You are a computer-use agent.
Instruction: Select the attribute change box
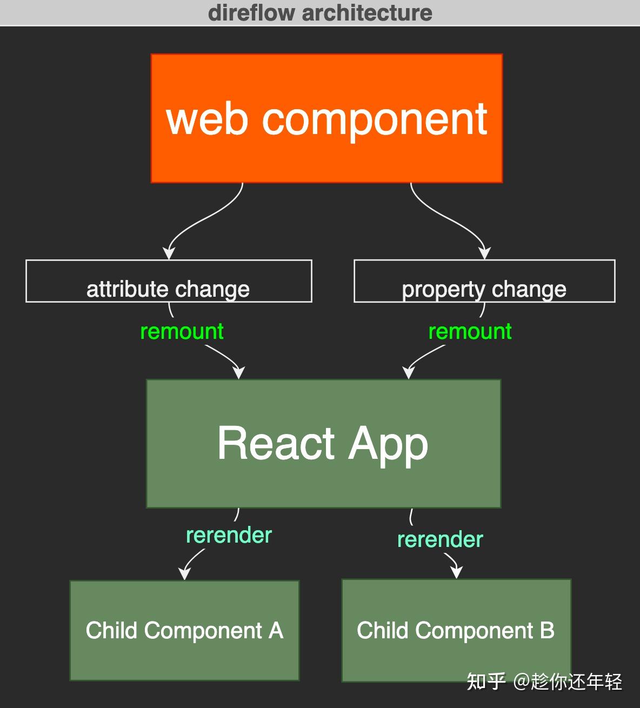(x=169, y=281)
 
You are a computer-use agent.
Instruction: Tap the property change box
(x=484, y=281)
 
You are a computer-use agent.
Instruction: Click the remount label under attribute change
(x=182, y=331)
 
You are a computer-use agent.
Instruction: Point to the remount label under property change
(x=470, y=331)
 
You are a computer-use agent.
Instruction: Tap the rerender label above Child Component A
(x=229, y=535)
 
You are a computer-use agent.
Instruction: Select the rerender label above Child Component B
(x=440, y=539)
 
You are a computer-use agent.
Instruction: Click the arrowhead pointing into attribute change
(x=169, y=253)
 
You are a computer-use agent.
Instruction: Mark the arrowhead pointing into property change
(x=485, y=253)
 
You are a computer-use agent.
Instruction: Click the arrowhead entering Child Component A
(x=185, y=573)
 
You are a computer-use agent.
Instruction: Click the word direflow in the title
(x=252, y=12)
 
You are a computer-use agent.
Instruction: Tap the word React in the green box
(x=276, y=443)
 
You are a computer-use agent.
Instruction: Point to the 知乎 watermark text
(x=486, y=682)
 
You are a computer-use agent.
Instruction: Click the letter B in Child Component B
(x=547, y=630)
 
